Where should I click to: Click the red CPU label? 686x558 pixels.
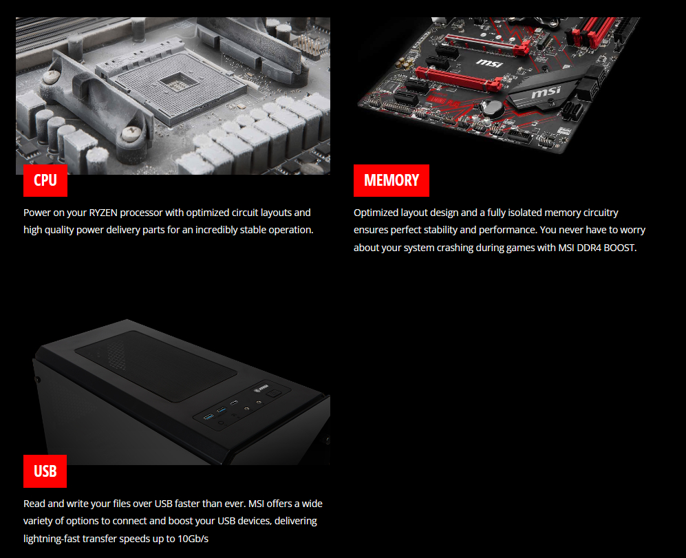(45, 180)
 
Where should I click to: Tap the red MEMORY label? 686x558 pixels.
(391, 180)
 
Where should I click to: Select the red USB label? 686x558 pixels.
(45, 471)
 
